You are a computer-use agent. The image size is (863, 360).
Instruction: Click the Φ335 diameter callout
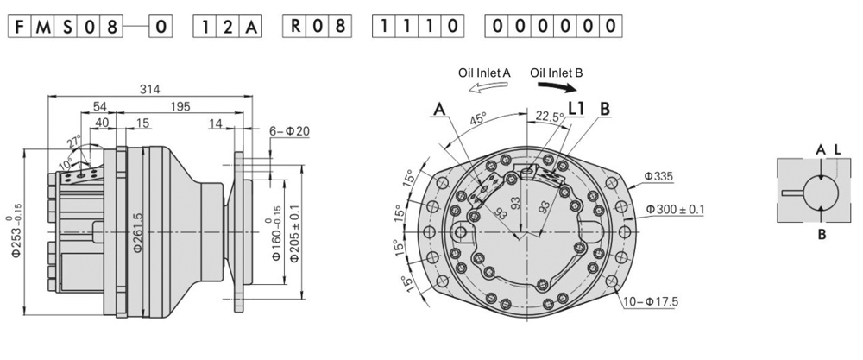coord(659,176)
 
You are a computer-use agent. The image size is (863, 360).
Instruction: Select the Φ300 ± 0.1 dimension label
coord(675,210)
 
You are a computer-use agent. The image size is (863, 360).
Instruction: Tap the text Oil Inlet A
coord(484,73)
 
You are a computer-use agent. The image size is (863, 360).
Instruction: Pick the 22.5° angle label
coord(551,116)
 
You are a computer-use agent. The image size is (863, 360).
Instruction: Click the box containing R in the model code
coord(295,26)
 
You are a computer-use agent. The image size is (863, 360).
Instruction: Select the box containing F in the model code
coord(18,26)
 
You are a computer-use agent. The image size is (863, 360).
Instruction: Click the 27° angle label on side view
coord(75,142)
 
